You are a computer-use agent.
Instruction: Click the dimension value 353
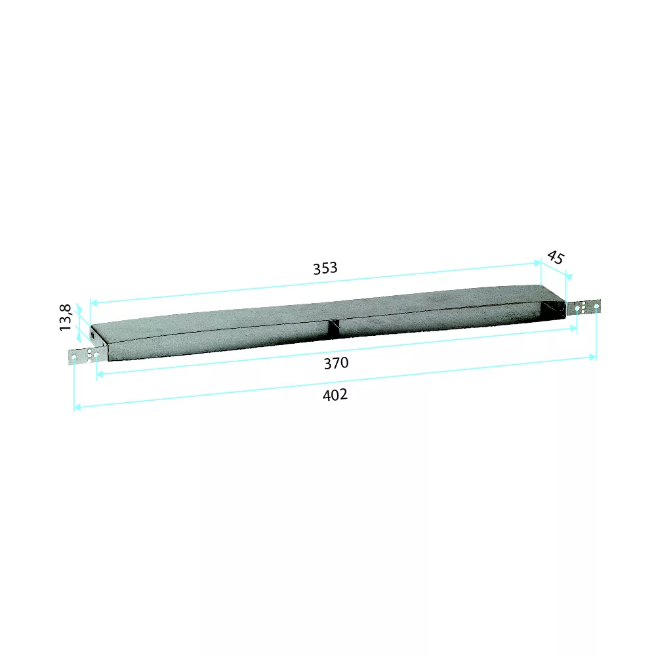coord(325,268)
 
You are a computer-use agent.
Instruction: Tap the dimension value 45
coord(555,257)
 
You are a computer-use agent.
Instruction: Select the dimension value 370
coord(335,363)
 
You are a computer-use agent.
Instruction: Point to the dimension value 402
coord(335,395)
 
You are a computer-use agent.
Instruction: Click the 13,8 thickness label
coord(66,318)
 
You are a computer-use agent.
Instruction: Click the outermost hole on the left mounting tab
coord(74,358)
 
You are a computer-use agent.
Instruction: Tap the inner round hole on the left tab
coord(96,355)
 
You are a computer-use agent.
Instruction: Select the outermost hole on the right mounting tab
coord(596,306)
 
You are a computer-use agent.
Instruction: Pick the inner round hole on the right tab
coord(577,308)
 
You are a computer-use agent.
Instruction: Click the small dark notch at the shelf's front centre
coord(334,329)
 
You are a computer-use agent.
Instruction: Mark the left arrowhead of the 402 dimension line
coord(77,407)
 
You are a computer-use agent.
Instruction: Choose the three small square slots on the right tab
coord(584,307)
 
